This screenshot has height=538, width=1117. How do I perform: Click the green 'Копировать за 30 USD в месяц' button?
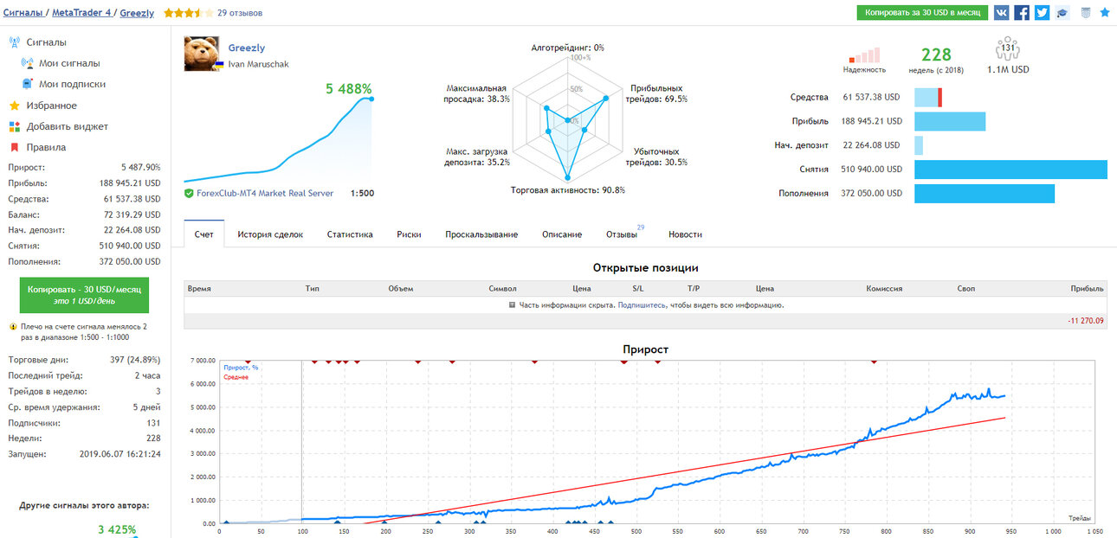coord(922,13)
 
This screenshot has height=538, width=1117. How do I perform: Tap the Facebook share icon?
coord(1021,13)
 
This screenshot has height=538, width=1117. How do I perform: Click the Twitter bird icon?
coord(1042,13)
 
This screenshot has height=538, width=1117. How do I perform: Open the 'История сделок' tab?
coord(270,234)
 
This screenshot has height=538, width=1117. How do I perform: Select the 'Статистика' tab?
coord(350,234)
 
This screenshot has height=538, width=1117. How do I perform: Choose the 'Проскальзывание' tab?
coord(481,234)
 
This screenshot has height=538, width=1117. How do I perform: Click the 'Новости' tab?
coord(685,234)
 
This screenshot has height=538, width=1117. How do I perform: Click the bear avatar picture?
coord(202,54)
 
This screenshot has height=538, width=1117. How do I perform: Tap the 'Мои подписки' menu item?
coord(73,84)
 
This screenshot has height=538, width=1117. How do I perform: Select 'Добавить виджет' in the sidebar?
coord(68,126)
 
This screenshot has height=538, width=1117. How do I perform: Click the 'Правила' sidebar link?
coord(46,147)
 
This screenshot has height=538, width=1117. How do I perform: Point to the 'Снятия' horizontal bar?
coord(1010,170)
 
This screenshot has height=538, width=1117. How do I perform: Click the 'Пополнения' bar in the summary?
coord(985,193)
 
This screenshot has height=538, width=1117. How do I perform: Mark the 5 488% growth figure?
coord(349,89)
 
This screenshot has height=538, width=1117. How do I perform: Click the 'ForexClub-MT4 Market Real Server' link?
coord(265,193)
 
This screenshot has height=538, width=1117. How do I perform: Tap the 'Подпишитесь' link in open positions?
coord(642,304)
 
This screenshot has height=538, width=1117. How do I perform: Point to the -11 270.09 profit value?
coord(1086,321)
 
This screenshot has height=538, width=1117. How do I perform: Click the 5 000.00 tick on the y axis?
coord(203,407)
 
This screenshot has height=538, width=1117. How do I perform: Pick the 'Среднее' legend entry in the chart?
coord(236,377)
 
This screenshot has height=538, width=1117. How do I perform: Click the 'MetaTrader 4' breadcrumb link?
coord(81,13)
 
